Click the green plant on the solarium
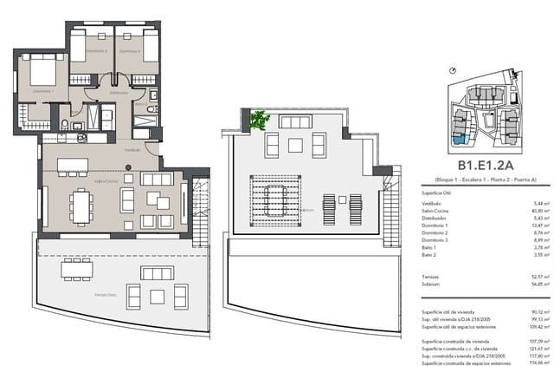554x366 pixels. (x=259, y=121)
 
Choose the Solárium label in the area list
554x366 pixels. (x=433, y=283)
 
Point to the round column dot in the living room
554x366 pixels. (x=128, y=178)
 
